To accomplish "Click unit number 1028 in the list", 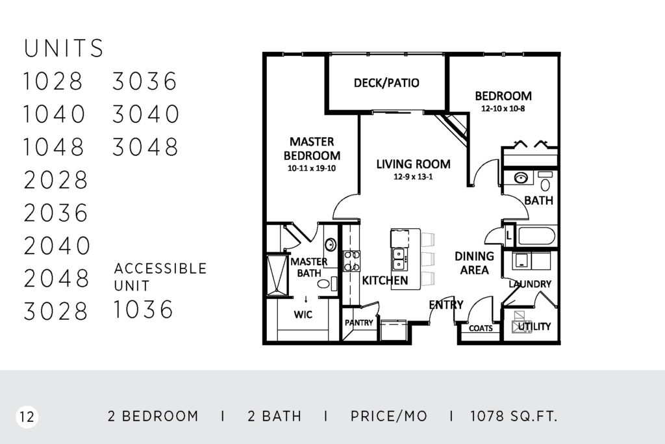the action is pos(53,81).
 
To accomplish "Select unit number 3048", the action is pos(145,147).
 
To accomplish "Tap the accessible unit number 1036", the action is pos(144,309).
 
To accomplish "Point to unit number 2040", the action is pos(57,245).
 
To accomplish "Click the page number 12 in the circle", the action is pos(27,417).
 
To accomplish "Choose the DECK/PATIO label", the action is pos(386,83).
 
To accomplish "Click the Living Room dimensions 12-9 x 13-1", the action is pos(413,177).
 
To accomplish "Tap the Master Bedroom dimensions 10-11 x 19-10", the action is pos(312,168).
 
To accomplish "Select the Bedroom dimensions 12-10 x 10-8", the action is pos(503,109).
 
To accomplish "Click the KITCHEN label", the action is pos(384,280).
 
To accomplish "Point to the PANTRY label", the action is pos(358,322).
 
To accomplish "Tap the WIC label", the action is pos(303,315).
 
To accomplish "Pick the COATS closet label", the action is pos(481,328).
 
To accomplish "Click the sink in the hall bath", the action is pos(521,177).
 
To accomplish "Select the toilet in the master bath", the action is pos(325,283).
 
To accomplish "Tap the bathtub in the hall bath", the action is pos(536,236).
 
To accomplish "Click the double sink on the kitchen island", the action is pos(399,259).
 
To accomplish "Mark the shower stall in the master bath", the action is pos(277,274).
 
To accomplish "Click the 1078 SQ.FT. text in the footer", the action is pos(513,417).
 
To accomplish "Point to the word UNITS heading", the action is pos(64,48).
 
